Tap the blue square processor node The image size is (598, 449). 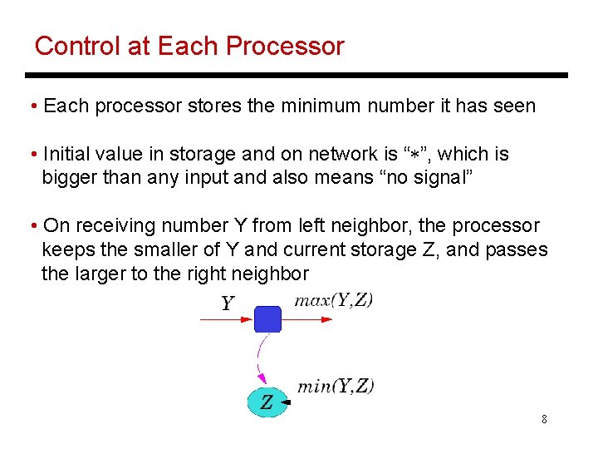[267, 318]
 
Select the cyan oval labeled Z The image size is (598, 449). [267, 402]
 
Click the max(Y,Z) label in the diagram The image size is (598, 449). [334, 300]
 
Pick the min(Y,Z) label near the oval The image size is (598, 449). [336, 386]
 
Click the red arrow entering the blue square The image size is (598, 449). [224, 318]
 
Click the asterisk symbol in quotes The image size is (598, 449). [414, 155]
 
